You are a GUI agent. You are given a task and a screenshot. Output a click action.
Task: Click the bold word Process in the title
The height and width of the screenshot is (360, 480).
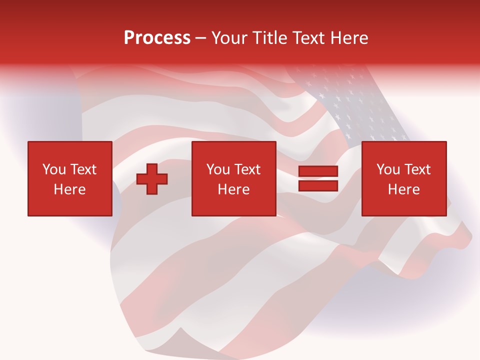click(x=157, y=38)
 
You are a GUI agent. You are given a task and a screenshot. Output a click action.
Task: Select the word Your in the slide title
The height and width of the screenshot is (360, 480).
click(x=230, y=38)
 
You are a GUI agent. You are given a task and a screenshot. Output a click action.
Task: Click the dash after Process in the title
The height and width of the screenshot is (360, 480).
click(x=200, y=38)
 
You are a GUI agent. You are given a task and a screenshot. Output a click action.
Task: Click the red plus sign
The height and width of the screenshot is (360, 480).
click(x=152, y=179)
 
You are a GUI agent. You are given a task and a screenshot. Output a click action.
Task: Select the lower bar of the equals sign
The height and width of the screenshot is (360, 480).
click(x=318, y=186)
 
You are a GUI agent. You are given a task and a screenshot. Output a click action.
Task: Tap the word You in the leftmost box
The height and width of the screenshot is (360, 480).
click(x=54, y=169)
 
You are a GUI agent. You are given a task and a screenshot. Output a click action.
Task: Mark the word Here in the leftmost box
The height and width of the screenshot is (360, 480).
click(x=69, y=189)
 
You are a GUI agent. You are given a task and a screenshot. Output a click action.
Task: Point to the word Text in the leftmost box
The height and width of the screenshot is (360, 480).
click(x=82, y=169)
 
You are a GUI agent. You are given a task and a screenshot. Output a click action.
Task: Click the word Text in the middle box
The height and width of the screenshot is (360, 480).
click(x=246, y=169)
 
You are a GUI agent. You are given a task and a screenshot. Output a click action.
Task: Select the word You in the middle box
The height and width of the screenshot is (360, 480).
click(x=218, y=169)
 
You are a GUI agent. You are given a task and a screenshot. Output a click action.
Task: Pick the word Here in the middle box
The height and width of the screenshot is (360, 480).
click(x=233, y=189)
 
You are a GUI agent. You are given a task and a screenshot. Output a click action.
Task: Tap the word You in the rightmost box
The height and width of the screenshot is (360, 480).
click(x=388, y=169)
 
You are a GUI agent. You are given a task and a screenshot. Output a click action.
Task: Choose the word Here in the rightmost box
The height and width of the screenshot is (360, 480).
click(x=403, y=189)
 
